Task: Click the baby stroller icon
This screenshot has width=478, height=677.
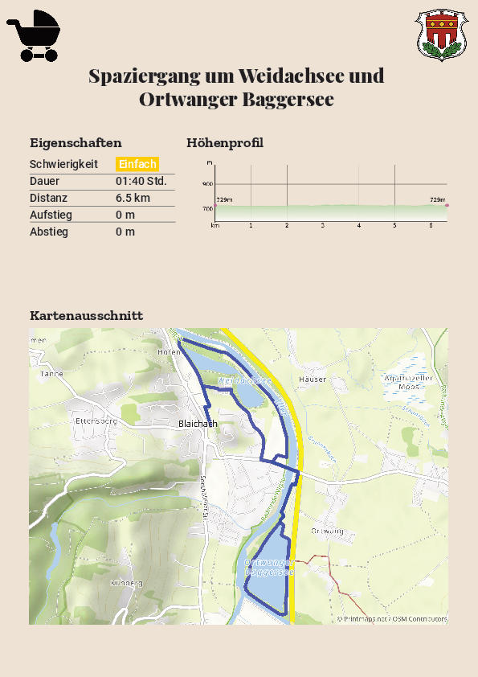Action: pyautogui.click(x=34, y=35)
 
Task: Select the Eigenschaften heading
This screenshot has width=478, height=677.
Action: pyautogui.click(x=76, y=143)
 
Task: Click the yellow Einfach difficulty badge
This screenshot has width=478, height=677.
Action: pyautogui.click(x=137, y=164)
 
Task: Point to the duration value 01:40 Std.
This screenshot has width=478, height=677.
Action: pyautogui.click(x=141, y=181)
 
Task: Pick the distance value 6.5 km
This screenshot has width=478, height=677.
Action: pyautogui.click(x=133, y=198)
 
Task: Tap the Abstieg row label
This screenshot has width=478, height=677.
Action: pyautogui.click(x=49, y=232)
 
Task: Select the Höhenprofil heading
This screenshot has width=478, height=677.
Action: pyautogui.click(x=225, y=143)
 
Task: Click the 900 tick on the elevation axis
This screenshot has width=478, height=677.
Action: pyautogui.click(x=207, y=184)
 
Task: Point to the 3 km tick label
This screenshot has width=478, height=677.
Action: pyautogui.click(x=323, y=226)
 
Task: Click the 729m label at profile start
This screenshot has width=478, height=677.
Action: pyautogui.click(x=224, y=199)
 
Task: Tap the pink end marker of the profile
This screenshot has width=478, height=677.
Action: pyautogui.click(x=447, y=206)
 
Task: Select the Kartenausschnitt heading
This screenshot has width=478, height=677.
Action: pyautogui.click(x=86, y=315)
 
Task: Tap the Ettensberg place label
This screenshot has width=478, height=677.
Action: pyautogui.click(x=96, y=420)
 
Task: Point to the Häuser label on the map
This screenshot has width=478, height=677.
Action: pyautogui.click(x=313, y=379)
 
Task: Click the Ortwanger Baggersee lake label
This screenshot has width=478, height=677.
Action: pyautogui.click(x=268, y=568)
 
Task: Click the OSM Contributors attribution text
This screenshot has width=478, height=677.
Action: pyautogui.click(x=419, y=619)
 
